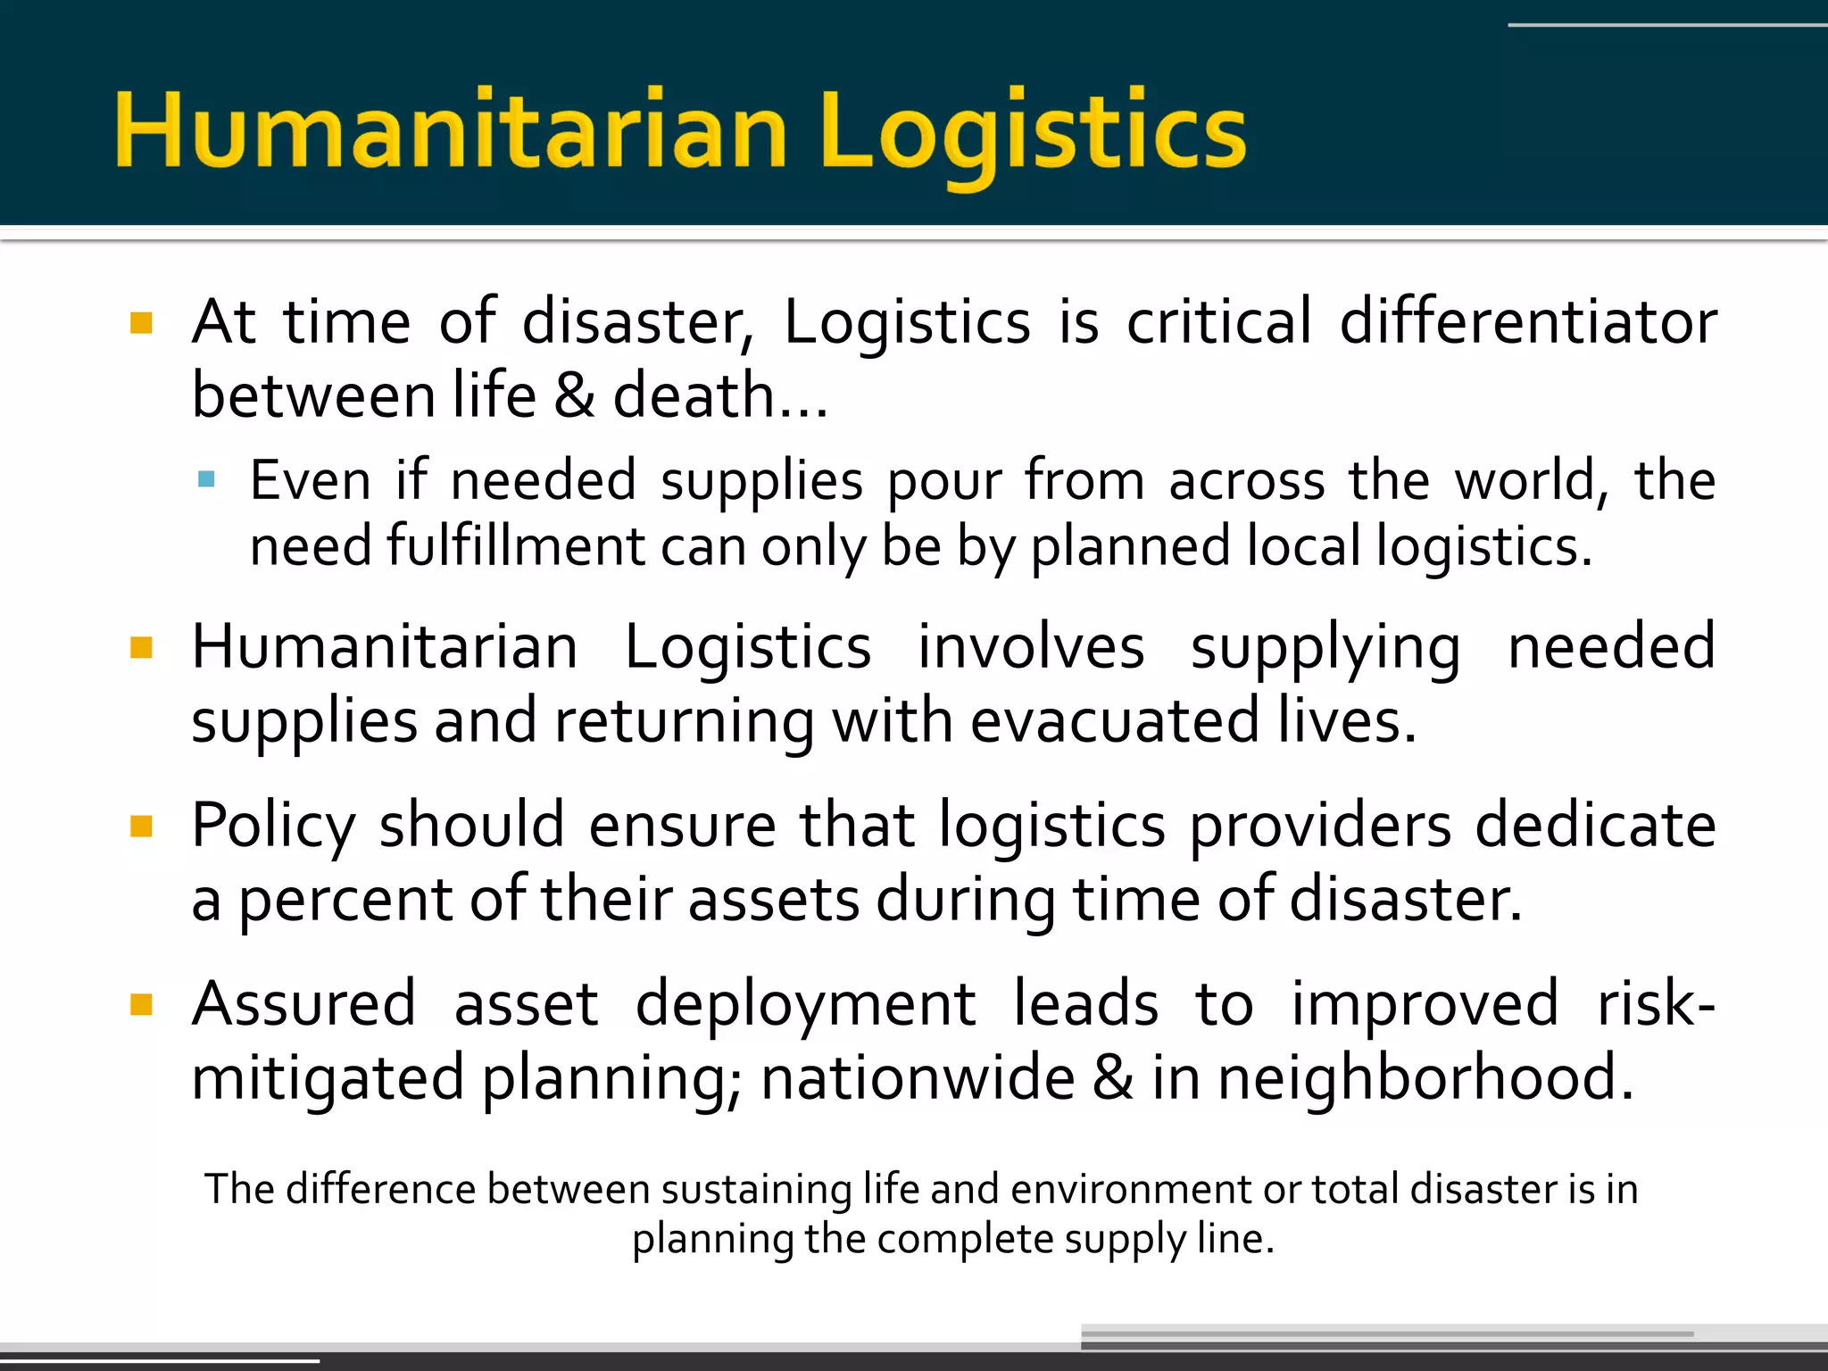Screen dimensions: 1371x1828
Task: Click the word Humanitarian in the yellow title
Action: point(451,131)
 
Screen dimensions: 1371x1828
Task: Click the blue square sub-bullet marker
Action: point(207,479)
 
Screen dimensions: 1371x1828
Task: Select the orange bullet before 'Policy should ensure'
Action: point(141,826)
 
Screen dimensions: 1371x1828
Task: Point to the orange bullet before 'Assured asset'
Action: point(141,1005)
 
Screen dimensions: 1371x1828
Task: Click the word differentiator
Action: point(1528,321)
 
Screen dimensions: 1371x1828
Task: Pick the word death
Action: point(694,395)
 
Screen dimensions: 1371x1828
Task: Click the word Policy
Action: point(274,826)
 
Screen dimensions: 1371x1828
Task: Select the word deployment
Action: point(805,1004)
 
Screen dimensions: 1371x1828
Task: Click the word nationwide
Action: point(918,1078)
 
